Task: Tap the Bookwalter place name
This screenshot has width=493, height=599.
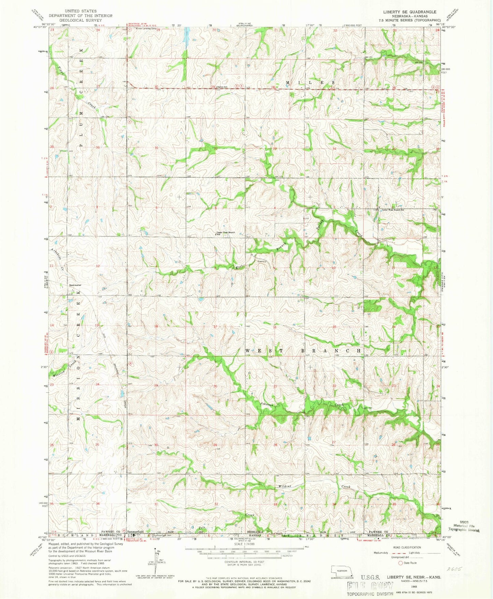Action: [75, 285]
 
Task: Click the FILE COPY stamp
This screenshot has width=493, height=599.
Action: [370, 586]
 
